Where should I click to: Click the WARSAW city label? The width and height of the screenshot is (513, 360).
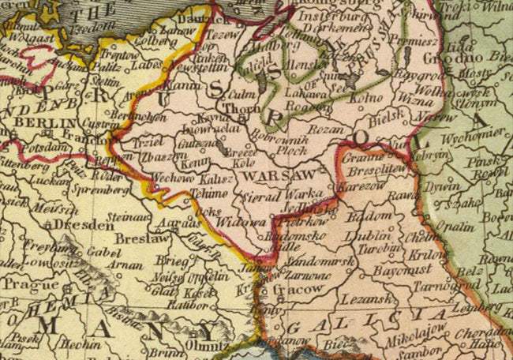coord(272,174)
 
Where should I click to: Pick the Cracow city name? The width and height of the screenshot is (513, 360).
coord(298,289)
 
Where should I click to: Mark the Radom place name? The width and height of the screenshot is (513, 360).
coord(369,215)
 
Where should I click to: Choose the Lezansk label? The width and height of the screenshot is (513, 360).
coord(363,300)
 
